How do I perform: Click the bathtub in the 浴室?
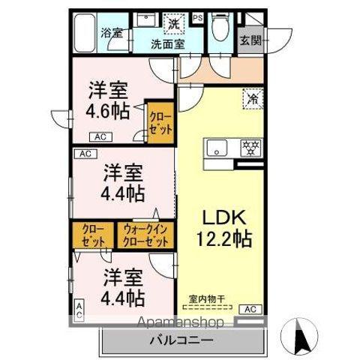pyautogui.click(x=85, y=31)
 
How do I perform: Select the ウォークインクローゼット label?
pyautogui.click(x=145, y=235)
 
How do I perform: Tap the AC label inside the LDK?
pyautogui.click(x=250, y=309)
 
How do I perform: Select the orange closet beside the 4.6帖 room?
pyautogui.click(x=159, y=121)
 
